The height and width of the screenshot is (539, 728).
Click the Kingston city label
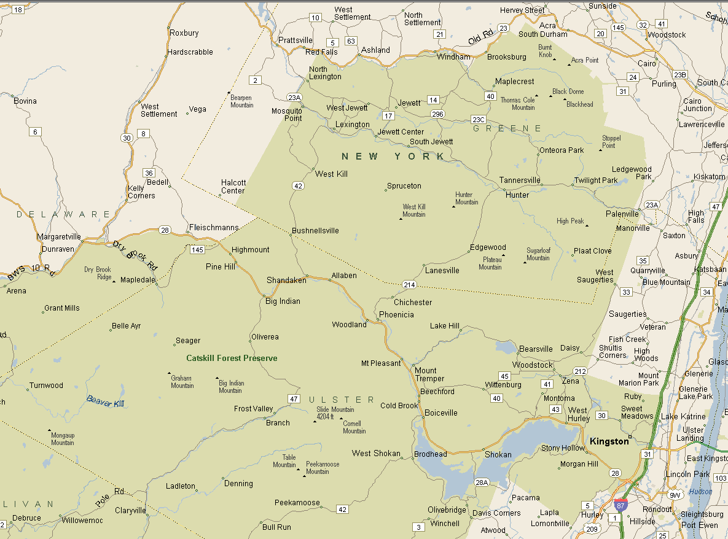pos(609,441)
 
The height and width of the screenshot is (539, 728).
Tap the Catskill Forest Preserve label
pos(232,358)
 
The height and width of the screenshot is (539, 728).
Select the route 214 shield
pos(410,285)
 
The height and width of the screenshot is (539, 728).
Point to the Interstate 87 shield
pos(620,505)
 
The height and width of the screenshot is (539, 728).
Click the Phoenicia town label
pos(396,315)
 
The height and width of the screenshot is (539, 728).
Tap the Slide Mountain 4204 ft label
pos(335,413)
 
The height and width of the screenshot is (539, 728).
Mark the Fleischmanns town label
pos(213,227)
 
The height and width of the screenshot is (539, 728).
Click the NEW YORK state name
pos(393,157)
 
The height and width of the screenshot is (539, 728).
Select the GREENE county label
pos(507,128)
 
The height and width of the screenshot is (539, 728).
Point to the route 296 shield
pos(437,114)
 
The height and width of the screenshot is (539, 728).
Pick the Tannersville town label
pos(520,180)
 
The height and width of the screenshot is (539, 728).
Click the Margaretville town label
pos(59,236)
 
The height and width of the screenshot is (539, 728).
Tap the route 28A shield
pos(482,483)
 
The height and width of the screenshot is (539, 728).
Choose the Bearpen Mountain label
pos(241,101)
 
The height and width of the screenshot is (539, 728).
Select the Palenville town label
pos(622,214)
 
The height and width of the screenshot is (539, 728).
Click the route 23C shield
pos(479,119)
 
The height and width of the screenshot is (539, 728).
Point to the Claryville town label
pos(130,510)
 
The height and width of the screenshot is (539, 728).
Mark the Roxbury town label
pos(184,33)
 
